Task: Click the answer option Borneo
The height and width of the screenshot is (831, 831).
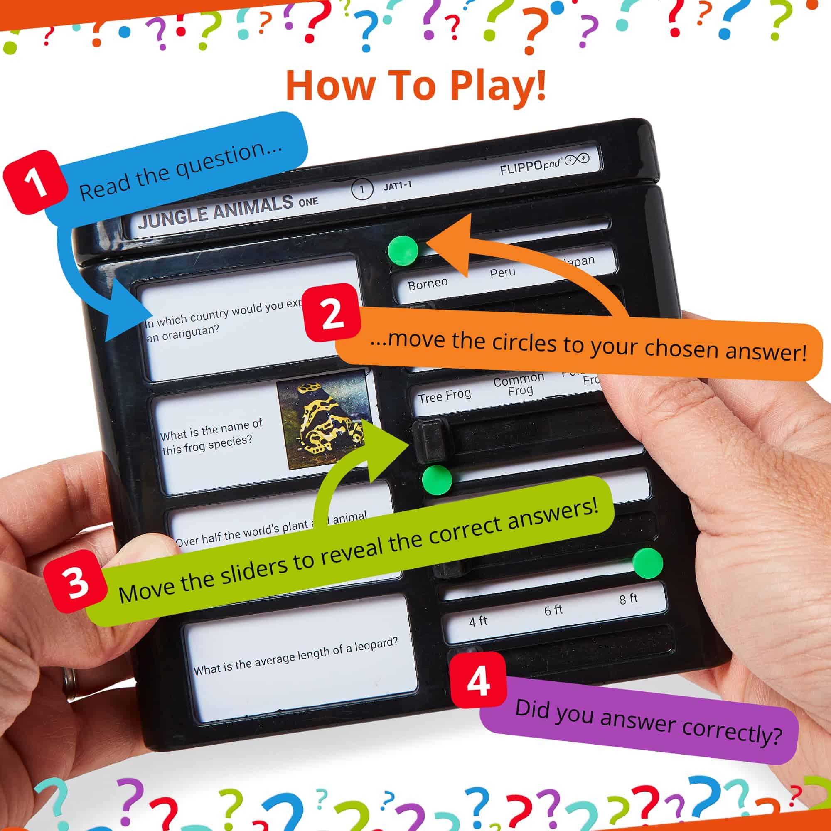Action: (428, 283)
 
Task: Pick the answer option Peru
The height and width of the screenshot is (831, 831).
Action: (502, 272)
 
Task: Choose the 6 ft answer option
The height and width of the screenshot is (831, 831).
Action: (553, 610)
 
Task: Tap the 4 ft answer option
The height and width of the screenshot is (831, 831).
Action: (478, 621)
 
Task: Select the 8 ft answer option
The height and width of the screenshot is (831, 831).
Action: (628, 599)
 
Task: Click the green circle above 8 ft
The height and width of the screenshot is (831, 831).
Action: (648, 563)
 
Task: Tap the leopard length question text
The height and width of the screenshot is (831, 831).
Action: (295, 656)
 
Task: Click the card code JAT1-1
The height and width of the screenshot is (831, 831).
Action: (398, 185)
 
